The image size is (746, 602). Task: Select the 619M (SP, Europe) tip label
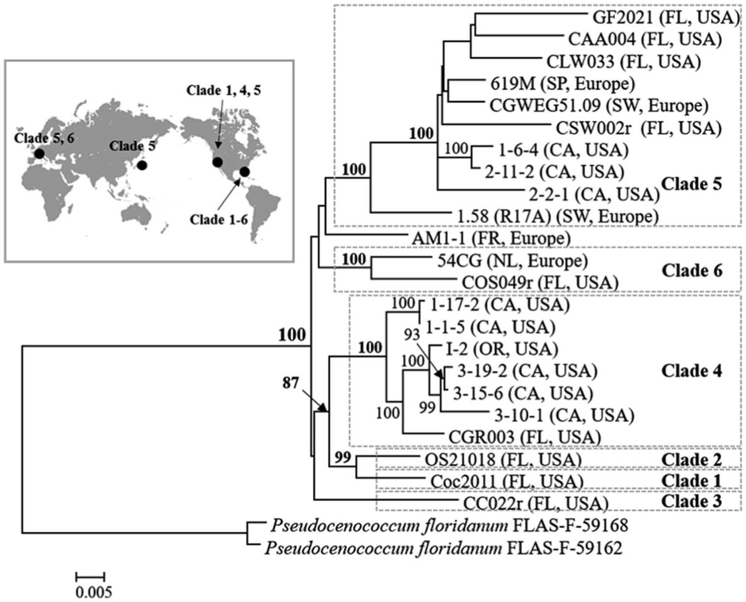click(x=562, y=84)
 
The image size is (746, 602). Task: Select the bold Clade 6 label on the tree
click(x=692, y=271)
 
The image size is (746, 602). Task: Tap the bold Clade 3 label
click(x=692, y=501)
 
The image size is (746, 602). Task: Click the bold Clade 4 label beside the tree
click(x=692, y=371)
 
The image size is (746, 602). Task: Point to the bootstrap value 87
click(x=291, y=383)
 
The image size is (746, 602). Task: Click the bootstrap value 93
click(x=412, y=334)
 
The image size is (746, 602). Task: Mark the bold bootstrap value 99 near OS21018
click(x=343, y=457)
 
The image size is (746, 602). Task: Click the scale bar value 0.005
click(x=93, y=592)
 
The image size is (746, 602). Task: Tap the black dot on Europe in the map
click(x=39, y=154)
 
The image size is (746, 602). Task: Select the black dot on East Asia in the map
click(x=141, y=165)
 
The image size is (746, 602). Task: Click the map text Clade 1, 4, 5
click(x=224, y=90)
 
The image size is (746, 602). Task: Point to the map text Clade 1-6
click(x=219, y=220)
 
